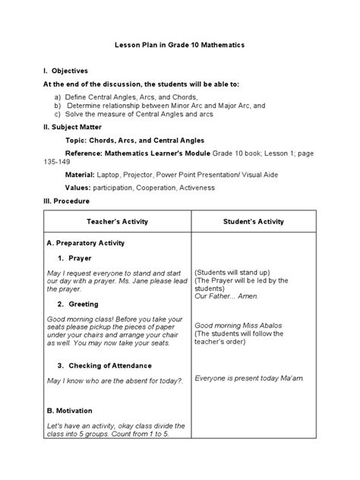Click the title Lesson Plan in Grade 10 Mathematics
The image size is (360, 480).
pos(180,46)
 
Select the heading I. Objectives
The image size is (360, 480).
pos(66,70)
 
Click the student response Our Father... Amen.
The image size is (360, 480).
pos(229,295)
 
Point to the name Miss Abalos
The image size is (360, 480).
pos(261,325)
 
